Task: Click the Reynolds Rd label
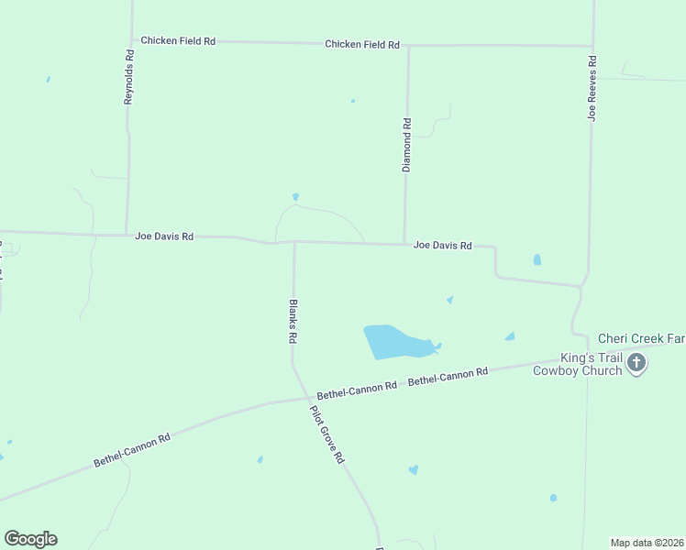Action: (x=129, y=76)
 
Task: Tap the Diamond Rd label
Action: (x=407, y=144)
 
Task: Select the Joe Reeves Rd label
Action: (x=592, y=88)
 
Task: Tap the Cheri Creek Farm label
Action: (x=641, y=338)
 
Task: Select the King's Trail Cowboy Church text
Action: (x=578, y=364)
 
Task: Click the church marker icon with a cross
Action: (x=636, y=363)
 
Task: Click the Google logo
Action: (x=30, y=539)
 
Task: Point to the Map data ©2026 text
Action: (x=647, y=543)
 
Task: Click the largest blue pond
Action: (x=394, y=342)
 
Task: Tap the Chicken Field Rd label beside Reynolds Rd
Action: (x=178, y=41)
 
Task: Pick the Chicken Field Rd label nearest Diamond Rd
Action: (x=362, y=44)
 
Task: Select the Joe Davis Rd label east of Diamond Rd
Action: (x=442, y=246)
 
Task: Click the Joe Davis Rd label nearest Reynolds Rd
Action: (x=164, y=236)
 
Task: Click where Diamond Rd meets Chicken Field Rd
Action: (x=408, y=45)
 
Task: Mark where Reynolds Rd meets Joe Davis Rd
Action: (x=126, y=235)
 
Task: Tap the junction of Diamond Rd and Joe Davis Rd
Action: (x=404, y=244)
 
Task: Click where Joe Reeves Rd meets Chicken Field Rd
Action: (x=592, y=45)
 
